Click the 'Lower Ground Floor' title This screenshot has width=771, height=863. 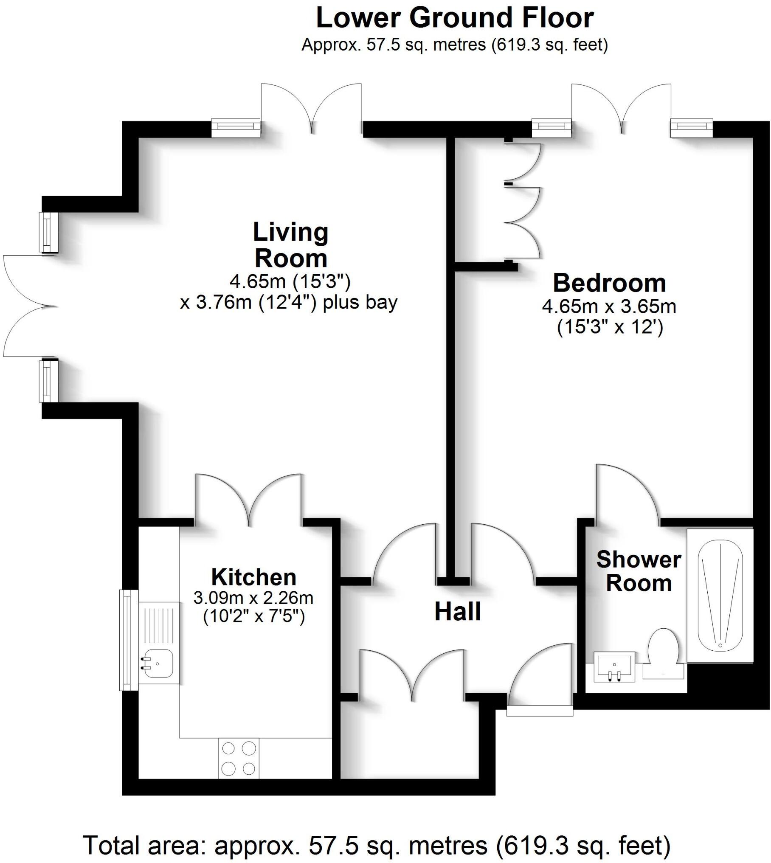[454, 18]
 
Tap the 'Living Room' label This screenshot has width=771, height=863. [291, 245]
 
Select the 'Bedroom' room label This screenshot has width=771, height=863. [609, 283]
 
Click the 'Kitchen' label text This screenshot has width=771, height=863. [254, 577]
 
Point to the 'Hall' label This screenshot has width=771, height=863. [458, 612]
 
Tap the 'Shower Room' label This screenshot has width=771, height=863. [639, 571]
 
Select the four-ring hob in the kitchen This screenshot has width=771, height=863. [239, 758]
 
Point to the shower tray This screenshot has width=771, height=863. [720, 595]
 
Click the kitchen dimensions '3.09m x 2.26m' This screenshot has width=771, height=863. [253, 598]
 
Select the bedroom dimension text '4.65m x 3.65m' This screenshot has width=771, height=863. [609, 306]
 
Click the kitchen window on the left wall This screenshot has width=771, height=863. [126, 640]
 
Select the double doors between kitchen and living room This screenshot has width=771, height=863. [249, 501]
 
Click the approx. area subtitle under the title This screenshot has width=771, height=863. [454, 44]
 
